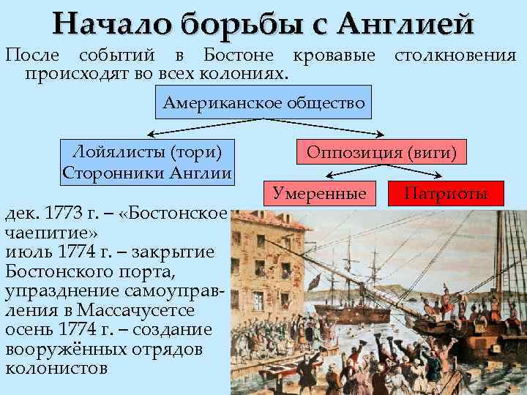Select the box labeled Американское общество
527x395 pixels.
click(x=263, y=103)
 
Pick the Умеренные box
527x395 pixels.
click(x=319, y=193)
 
